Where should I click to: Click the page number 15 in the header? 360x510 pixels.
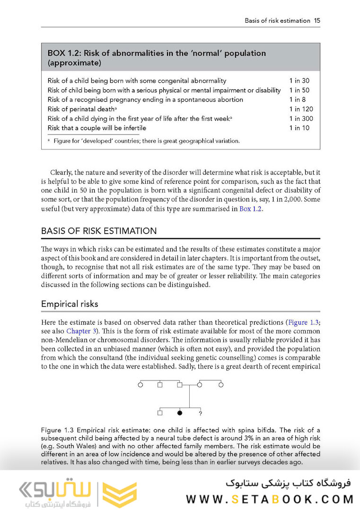317,21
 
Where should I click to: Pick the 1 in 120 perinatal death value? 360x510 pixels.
301,109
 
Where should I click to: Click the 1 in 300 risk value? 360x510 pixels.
301,119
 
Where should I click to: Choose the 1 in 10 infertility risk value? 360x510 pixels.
299,128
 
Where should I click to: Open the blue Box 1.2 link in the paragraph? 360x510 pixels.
250,209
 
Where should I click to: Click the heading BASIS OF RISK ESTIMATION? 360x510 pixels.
99,231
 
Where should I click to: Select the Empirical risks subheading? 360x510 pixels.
70,303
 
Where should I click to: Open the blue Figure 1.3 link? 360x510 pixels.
304,322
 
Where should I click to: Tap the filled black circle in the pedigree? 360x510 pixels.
180,413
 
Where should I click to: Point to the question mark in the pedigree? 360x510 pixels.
201,414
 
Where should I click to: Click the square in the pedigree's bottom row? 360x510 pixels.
160,413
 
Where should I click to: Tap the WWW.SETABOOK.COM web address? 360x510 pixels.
270,499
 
